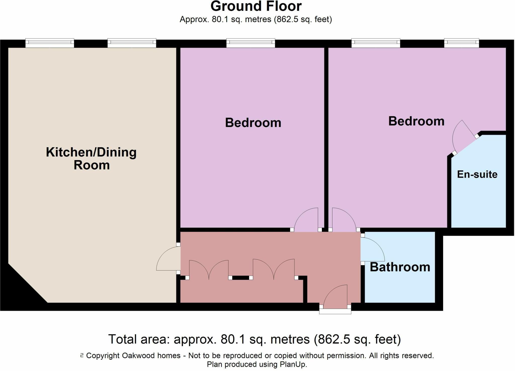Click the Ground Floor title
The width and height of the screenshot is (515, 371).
tap(256, 7)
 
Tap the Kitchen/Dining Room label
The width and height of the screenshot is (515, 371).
tap(91, 159)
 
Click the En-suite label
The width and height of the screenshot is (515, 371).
tap(477, 174)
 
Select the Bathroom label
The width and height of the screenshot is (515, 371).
tap(400, 267)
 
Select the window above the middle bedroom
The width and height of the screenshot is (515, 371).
tap(250, 43)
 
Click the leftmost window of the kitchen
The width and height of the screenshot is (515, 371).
tap(50, 43)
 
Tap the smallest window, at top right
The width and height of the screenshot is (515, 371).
tap(461, 43)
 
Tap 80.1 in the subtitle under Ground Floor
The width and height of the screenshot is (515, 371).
tap(220, 19)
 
